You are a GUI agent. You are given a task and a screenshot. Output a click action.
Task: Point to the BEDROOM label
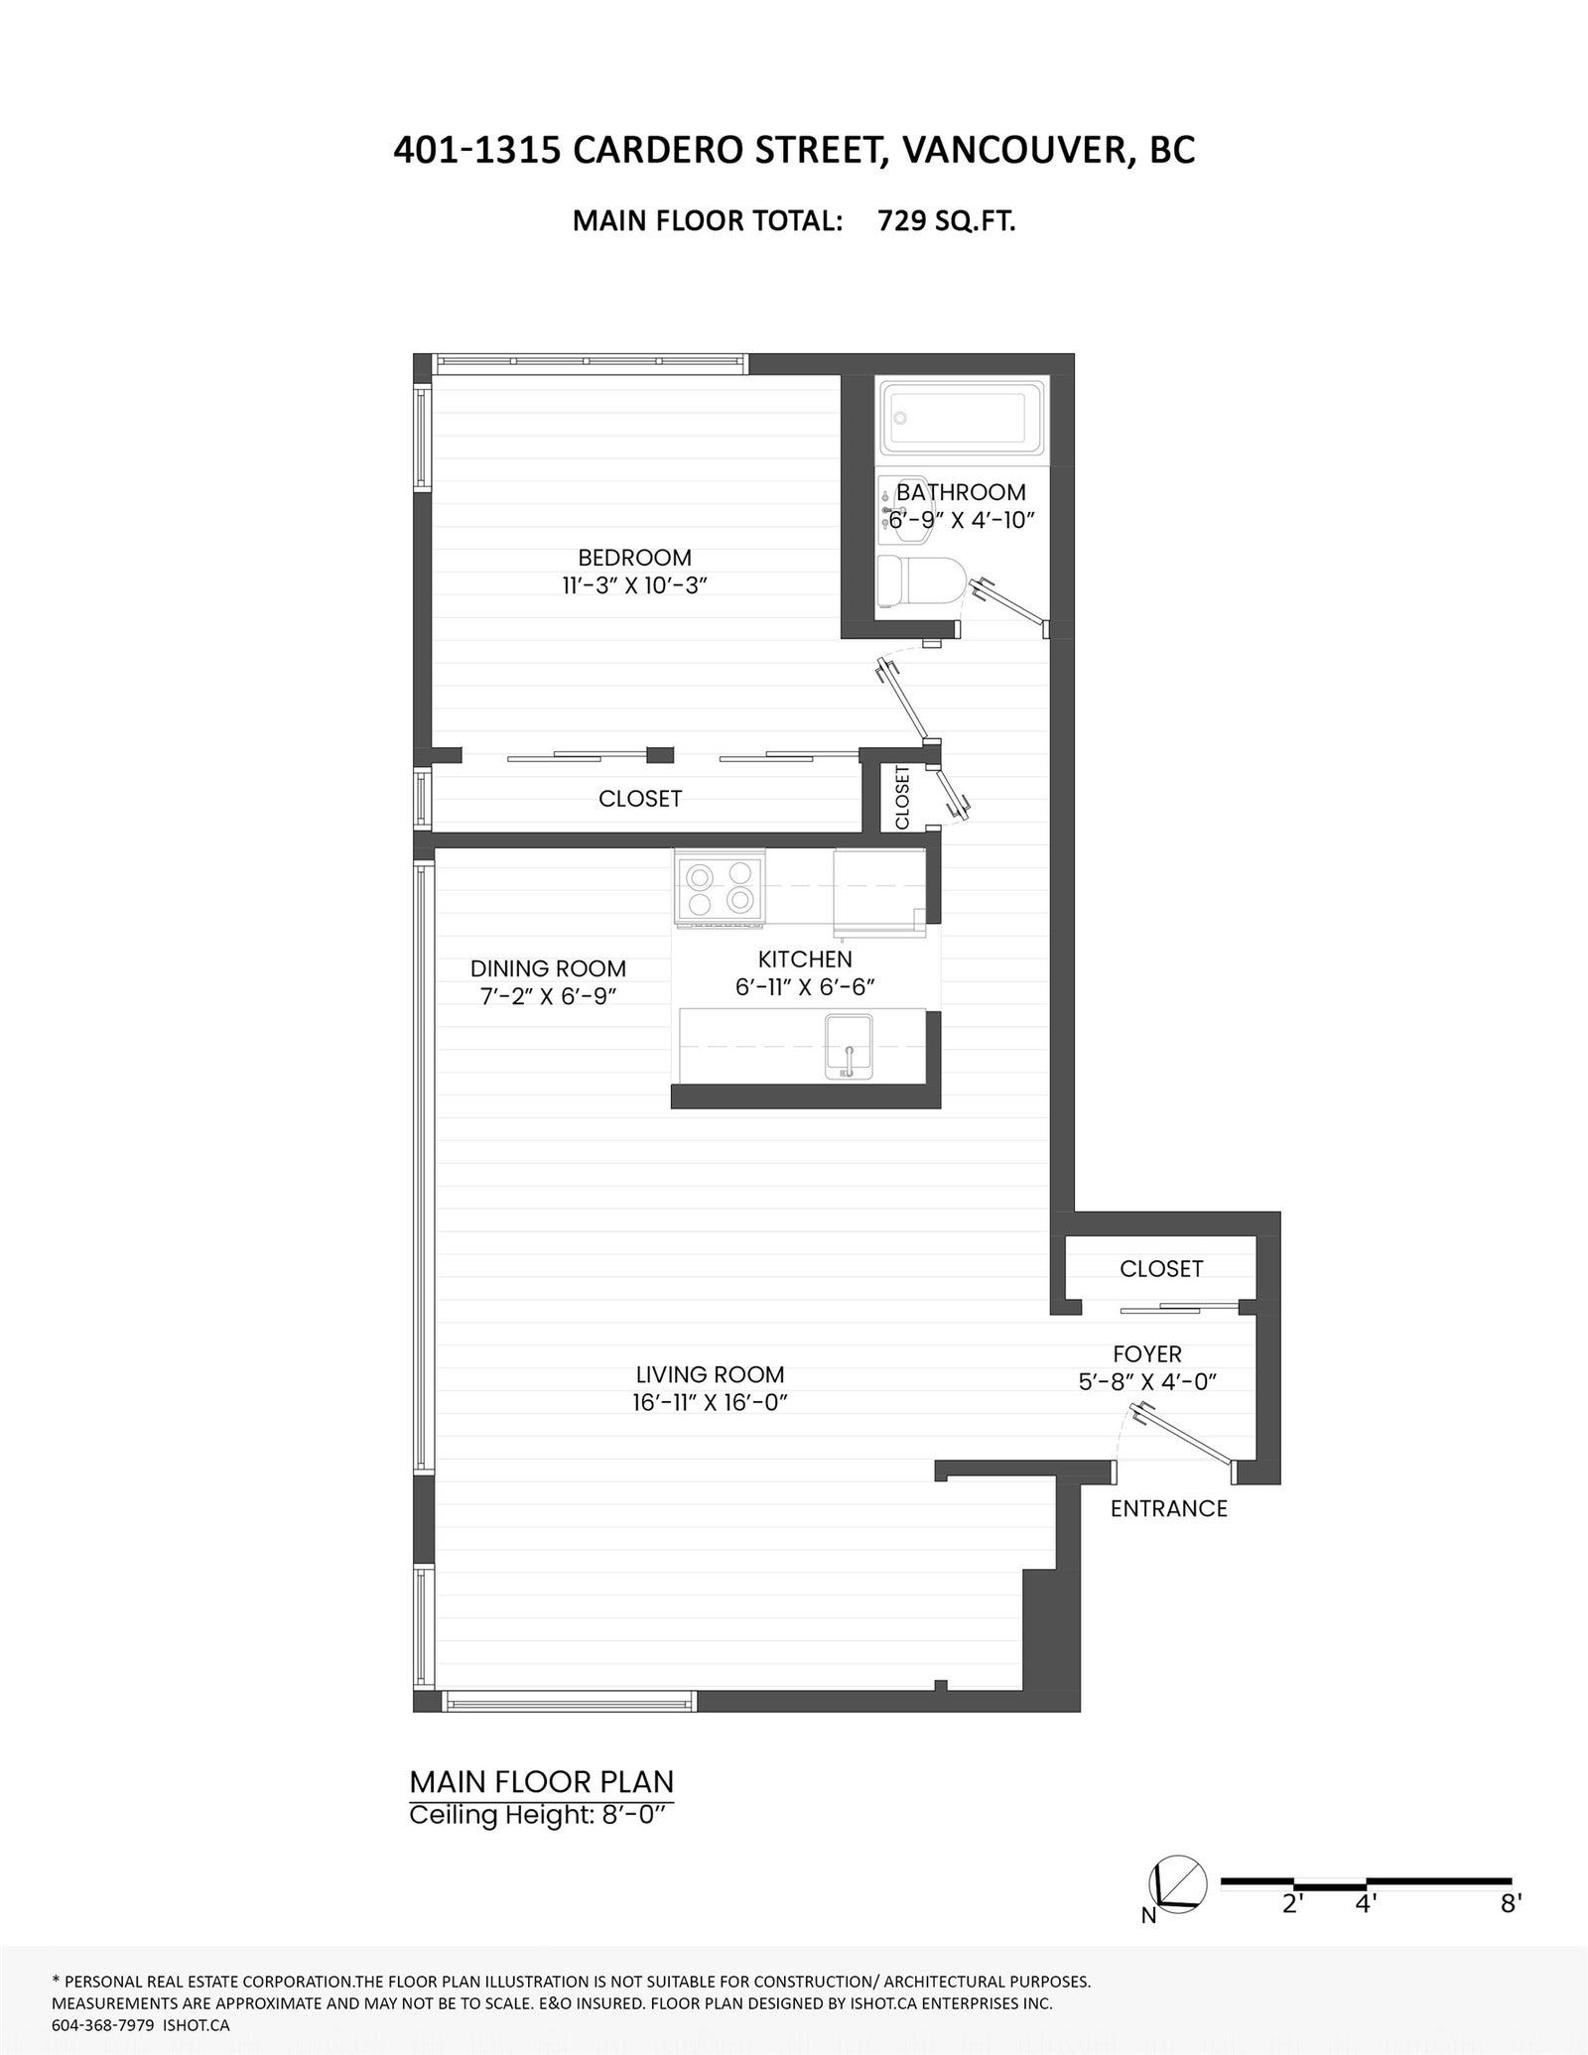click(x=634, y=558)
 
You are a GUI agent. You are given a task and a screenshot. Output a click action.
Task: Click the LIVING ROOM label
click(x=710, y=1374)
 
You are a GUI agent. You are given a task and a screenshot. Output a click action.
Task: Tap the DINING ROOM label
click(x=548, y=968)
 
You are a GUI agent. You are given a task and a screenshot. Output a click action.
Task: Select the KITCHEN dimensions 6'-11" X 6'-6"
click(x=805, y=987)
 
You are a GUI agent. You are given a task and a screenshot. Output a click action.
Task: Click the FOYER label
click(x=1147, y=1353)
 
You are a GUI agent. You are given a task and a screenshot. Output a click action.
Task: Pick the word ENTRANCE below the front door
click(x=1168, y=1508)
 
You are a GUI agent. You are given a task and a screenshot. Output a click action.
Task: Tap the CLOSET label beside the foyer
click(x=1161, y=1268)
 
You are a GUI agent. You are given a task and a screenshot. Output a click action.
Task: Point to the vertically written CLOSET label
click(x=902, y=797)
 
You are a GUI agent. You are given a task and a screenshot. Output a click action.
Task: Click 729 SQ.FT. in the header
click(x=946, y=220)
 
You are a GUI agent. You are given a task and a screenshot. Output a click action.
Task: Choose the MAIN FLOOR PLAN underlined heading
click(x=542, y=1782)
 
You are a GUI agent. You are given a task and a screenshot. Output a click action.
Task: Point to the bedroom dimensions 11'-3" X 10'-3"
click(x=634, y=584)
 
